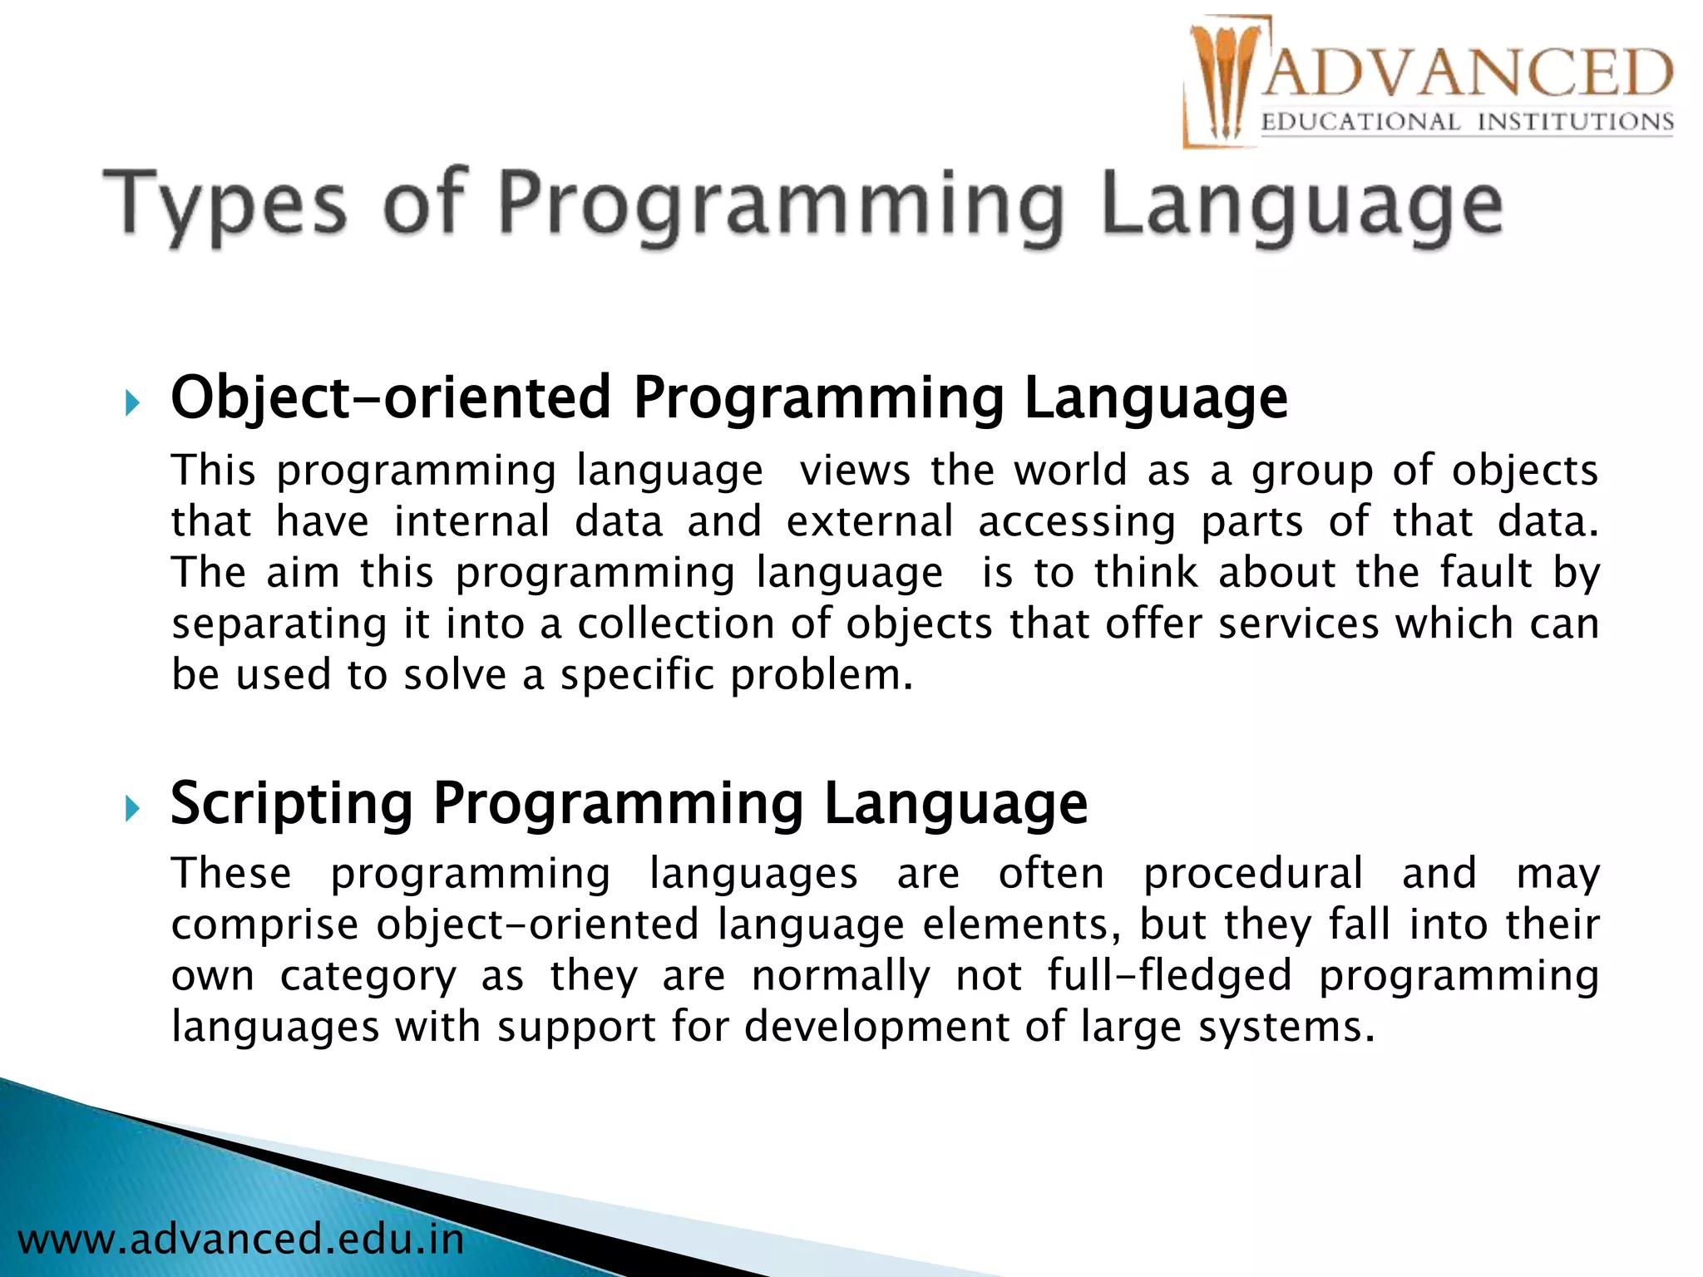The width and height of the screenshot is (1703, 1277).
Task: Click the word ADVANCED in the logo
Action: (1467, 73)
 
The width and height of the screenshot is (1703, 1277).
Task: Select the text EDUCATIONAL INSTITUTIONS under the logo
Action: (1467, 122)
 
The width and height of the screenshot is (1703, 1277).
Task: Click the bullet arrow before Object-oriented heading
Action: (132, 405)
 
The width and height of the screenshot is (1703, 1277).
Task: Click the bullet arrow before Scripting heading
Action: (132, 808)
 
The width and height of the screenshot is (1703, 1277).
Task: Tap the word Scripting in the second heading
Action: (291, 803)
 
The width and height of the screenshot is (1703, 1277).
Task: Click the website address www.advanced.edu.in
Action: (240, 1239)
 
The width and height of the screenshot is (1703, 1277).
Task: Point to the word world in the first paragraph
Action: (1070, 471)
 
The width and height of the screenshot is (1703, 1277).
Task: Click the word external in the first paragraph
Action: (870, 522)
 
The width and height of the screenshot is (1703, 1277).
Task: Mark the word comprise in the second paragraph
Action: (264, 925)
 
